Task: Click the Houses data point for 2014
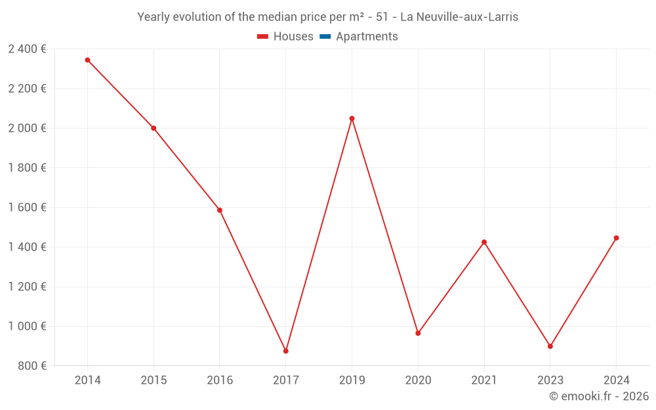pos(87,60)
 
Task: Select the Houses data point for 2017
pos(286,351)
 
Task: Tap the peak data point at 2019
pos(352,119)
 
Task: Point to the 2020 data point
pos(418,333)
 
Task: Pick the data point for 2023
pos(550,346)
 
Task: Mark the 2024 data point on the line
pos(616,238)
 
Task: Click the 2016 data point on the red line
pos(220,211)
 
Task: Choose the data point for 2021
pos(484,242)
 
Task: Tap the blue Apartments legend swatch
pos(325,37)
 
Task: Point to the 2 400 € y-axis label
pos(27,49)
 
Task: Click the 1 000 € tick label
pos(27,326)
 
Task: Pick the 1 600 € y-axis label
pos(27,207)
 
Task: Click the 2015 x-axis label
pos(154,380)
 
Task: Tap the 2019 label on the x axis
pos(352,380)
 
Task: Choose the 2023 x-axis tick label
pos(550,380)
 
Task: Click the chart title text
pos(327,17)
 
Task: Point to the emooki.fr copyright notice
pos(598,396)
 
